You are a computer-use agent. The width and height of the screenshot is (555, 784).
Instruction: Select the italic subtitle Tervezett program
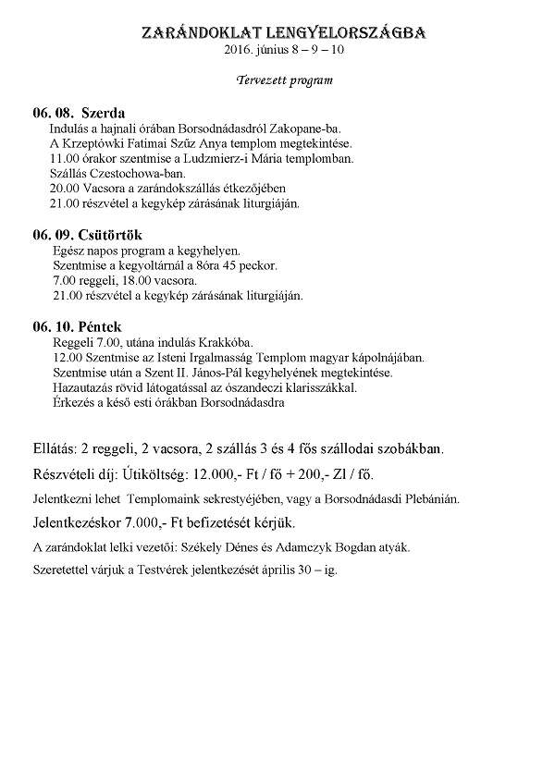[x=285, y=80]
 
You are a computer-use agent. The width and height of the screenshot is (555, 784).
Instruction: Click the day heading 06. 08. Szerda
[x=85, y=114]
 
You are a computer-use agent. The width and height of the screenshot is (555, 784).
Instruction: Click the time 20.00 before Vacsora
[x=64, y=188]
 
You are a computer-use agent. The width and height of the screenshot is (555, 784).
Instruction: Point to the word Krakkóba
[x=226, y=342]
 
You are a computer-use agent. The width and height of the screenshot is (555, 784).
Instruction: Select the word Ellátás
[x=59, y=449]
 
